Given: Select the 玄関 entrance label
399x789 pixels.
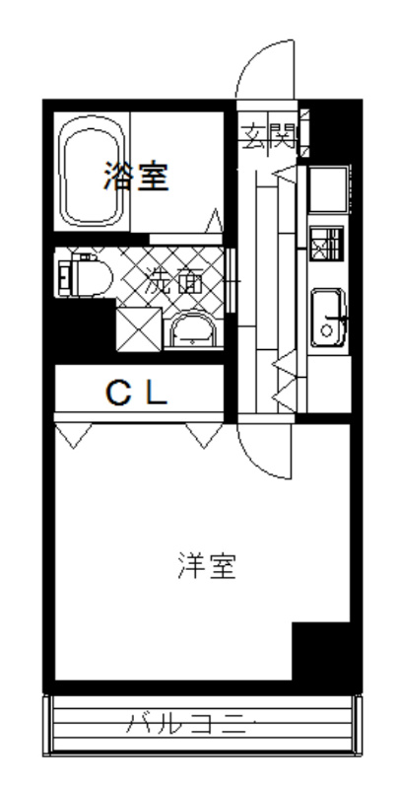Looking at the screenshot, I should pos(267,133).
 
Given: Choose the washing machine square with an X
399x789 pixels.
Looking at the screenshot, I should pos(138,327).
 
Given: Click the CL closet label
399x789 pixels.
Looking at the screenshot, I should pos(138,394).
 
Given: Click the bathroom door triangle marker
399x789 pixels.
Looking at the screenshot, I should pos(214,219).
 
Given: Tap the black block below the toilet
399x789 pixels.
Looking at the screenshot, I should pos(81,331).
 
